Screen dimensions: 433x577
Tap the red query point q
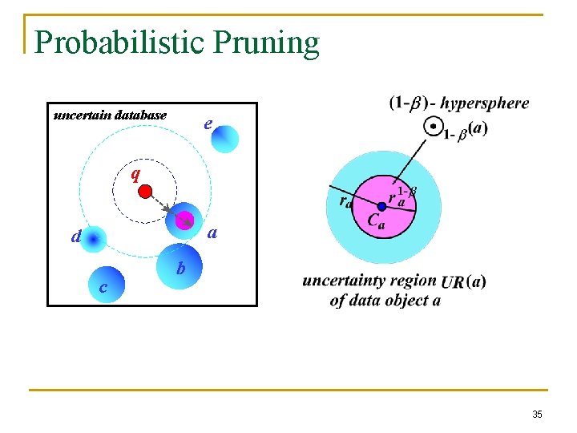click(x=145, y=191)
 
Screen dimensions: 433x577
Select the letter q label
click(x=135, y=174)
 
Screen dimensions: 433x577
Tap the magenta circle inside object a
click(x=185, y=219)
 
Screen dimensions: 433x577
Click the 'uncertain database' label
click(x=110, y=115)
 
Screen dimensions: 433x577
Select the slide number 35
click(x=537, y=414)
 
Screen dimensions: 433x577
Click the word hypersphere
click(x=485, y=103)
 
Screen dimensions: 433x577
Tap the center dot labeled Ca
click(x=381, y=206)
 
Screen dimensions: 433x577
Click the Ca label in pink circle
click(x=376, y=221)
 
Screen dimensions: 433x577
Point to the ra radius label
click(x=344, y=202)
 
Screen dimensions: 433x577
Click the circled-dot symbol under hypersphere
click(x=433, y=127)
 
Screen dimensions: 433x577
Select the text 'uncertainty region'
click(x=369, y=281)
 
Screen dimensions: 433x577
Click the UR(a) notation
click(x=463, y=281)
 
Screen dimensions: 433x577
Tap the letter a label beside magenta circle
click(x=212, y=234)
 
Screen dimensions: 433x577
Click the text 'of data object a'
click(x=385, y=301)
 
